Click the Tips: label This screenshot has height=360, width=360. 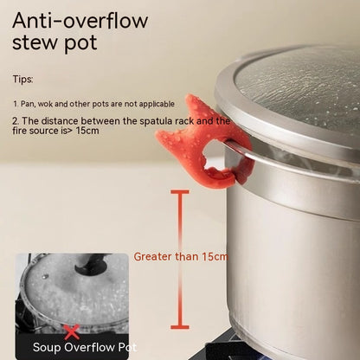tap(22, 79)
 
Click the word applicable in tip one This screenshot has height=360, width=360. tap(157, 102)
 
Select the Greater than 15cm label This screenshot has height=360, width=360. tap(181, 256)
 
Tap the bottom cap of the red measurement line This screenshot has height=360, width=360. tap(178, 326)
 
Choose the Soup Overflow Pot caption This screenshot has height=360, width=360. tap(84, 347)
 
